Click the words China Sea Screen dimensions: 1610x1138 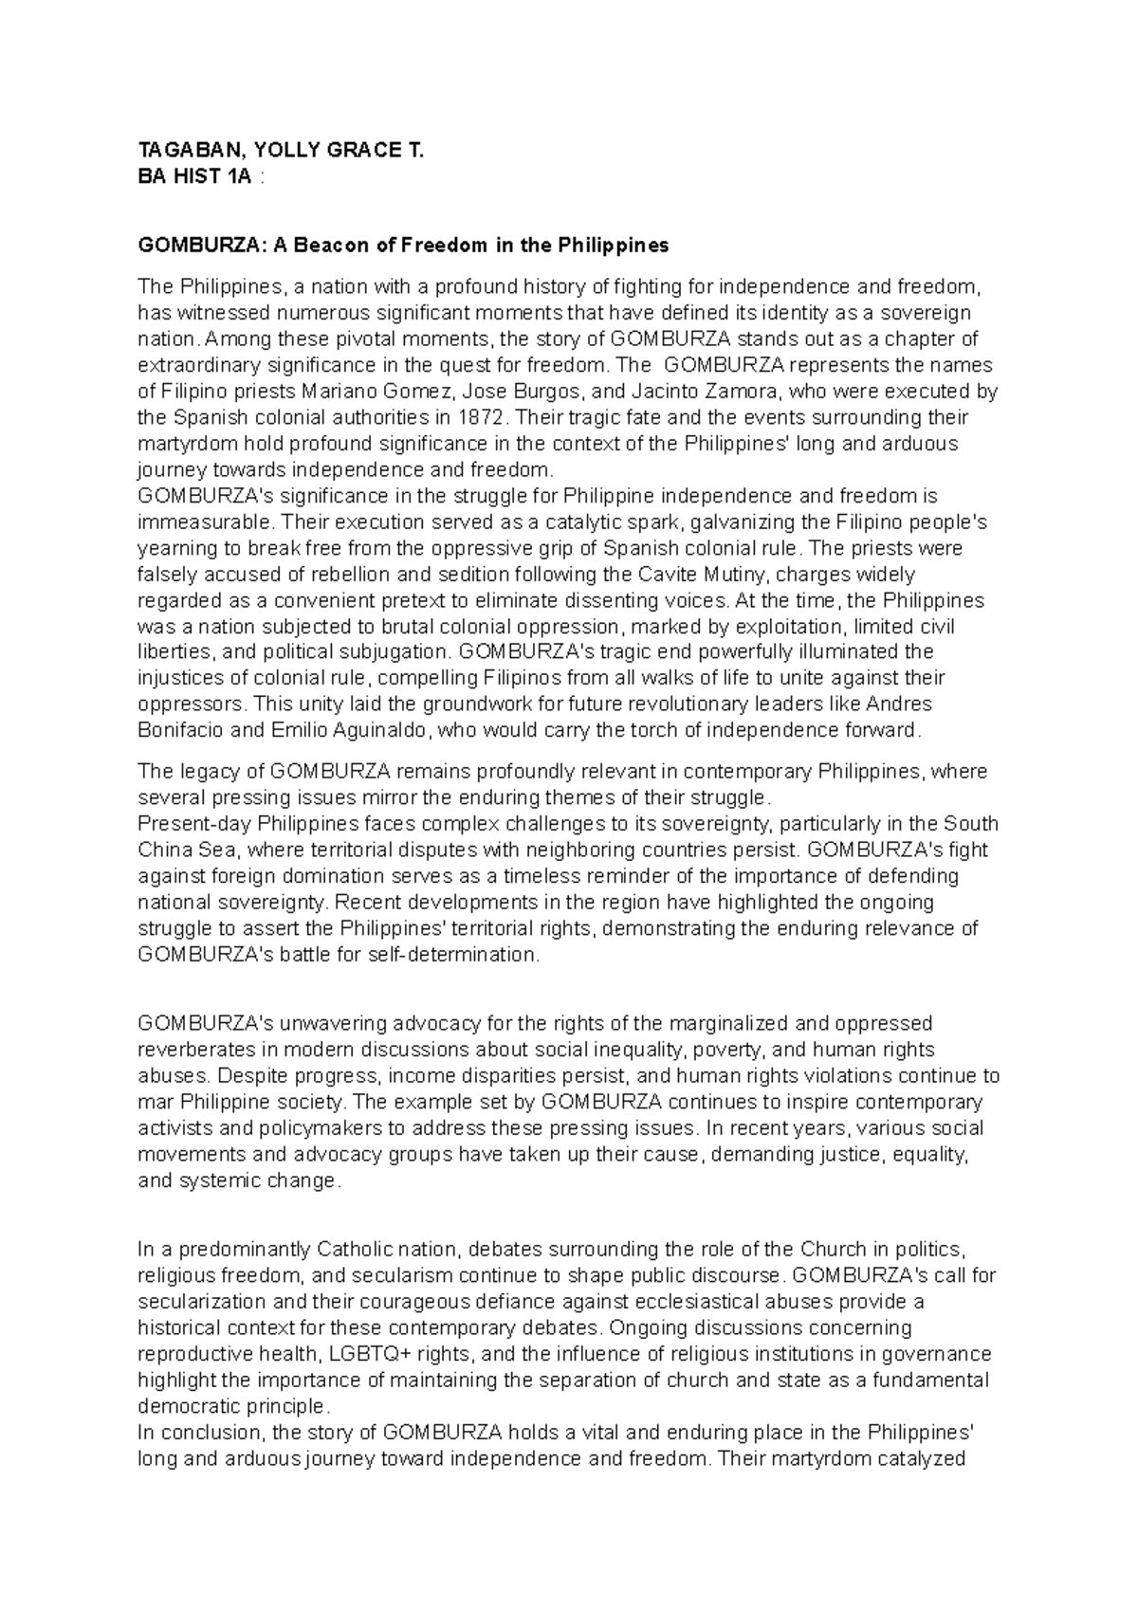pos(184,850)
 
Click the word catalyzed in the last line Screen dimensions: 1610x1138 pos(918,1458)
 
